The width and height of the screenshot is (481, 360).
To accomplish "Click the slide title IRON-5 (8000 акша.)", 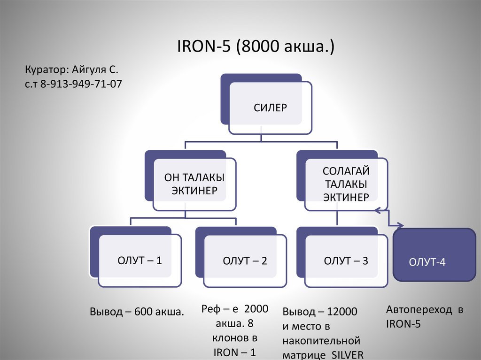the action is pyautogui.click(x=256, y=46).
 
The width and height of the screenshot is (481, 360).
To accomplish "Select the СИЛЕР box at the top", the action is pyautogui.click(x=266, y=104).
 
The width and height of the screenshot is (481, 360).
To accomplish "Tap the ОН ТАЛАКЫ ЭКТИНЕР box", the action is pyautogui.click(x=191, y=181).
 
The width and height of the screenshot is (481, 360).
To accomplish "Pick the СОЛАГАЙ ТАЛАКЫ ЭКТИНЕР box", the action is pyautogui.click(x=342, y=181).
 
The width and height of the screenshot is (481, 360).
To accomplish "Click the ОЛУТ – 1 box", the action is pyautogui.click(x=136, y=257).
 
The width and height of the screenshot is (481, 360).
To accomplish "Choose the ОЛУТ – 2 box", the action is pyautogui.click(x=241, y=257).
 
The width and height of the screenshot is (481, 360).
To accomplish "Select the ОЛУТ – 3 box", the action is pyautogui.click(x=342, y=257).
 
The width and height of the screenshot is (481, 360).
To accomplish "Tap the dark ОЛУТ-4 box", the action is pyautogui.click(x=434, y=255).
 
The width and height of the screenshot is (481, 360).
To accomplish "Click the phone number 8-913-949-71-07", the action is pyautogui.click(x=81, y=84).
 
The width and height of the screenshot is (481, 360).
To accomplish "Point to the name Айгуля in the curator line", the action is pyautogui.click(x=89, y=70).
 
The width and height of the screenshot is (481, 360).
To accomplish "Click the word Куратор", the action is pyautogui.click(x=47, y=70).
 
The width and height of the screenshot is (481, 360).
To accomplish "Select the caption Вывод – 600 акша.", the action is pyautogui.click(x=137, y=312).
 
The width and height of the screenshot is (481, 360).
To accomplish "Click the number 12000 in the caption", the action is pyautogui.click(x=342, y=312).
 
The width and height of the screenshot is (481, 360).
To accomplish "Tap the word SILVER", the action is pyautogui.click(x=347, y=355).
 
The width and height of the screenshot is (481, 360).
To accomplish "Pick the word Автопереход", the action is pyautogui.click(x=419, y=310).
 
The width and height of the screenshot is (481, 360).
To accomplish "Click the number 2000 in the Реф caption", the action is pyautogui.click(x=256, y=308).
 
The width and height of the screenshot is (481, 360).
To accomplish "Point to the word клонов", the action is pyautogui.click(x=227, y=338).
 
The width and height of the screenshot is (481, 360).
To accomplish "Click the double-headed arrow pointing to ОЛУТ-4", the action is pyautogui.click(x=389, y=218).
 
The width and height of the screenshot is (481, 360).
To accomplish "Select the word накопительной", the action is pyautogui.click(x=321, y=341).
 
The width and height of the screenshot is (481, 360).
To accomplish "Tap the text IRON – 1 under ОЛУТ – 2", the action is pyautogui.click(x=235, y=352).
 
